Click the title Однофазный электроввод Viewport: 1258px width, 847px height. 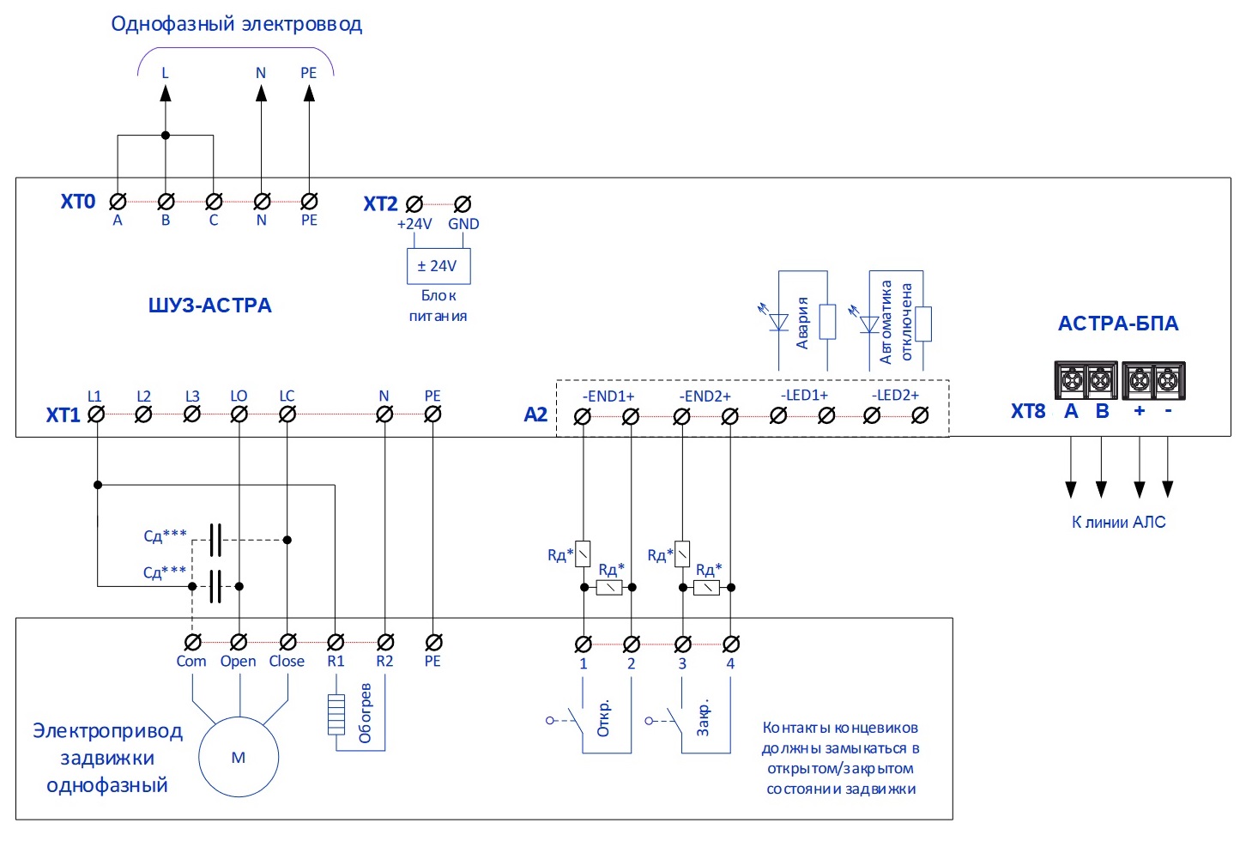(x=237, y=25)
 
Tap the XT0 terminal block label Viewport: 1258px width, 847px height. (x=78, y=201)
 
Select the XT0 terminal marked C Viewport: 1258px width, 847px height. (x=214, y=201)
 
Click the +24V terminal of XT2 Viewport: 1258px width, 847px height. (x=414, y=203)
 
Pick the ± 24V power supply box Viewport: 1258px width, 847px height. (x=438, y=266)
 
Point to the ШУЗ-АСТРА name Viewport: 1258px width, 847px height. (x=210, y=305)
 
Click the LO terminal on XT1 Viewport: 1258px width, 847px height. (x=239, y=414)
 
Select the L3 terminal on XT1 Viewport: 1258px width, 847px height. (x=192, y=414)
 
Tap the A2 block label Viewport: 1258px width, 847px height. (x=535, y=414)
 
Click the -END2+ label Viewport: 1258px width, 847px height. (x=705, y=396)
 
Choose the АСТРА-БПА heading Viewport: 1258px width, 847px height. (x=1118, y=324)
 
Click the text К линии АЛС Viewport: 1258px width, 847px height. (x=1119, y=523)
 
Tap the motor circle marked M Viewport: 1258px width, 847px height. (x=239, y=757)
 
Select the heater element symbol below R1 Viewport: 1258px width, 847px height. (x=336, y=715)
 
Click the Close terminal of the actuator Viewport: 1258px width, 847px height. (x=288, y=641)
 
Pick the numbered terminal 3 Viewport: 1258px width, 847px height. (x=683, y=644)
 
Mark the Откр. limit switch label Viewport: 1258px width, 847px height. (x=603, y=718)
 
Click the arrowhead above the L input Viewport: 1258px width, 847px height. (x=165, y=93)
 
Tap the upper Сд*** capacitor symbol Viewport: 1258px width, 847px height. (x=215, y=540)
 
